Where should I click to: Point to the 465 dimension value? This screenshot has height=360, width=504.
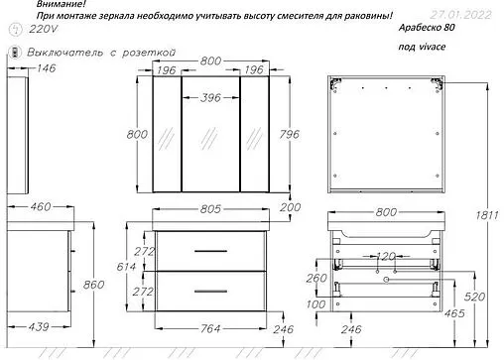click(457, 313)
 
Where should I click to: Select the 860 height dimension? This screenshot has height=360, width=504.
click(91, 284)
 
